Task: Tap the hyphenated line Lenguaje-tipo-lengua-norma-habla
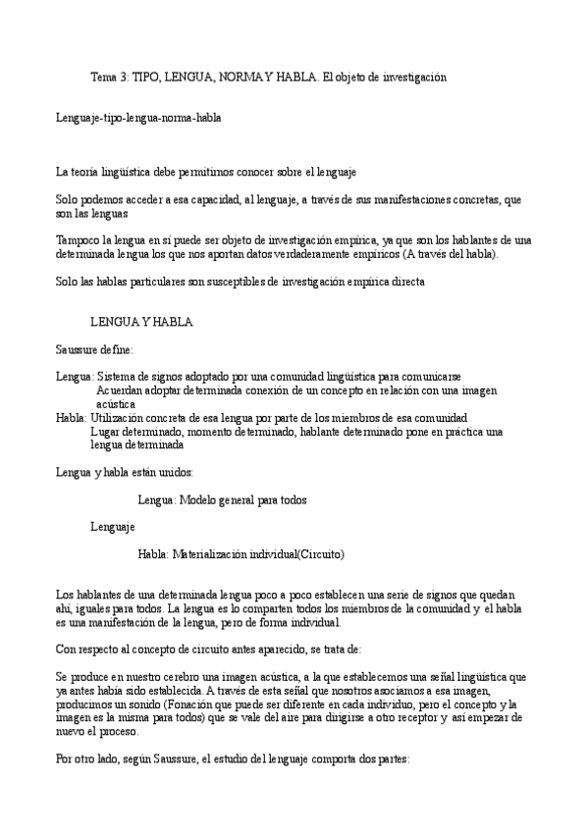coord(138,118)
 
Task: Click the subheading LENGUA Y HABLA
coord(141,322)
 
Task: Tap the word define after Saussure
coord(117,349)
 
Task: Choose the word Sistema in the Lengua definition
coord(119,377)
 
